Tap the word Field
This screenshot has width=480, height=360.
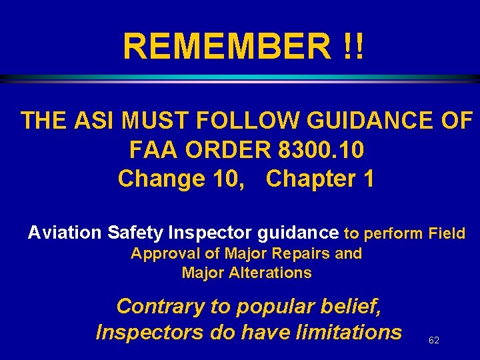tap(447, 233)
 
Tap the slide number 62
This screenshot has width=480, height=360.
tap(434, 340)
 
